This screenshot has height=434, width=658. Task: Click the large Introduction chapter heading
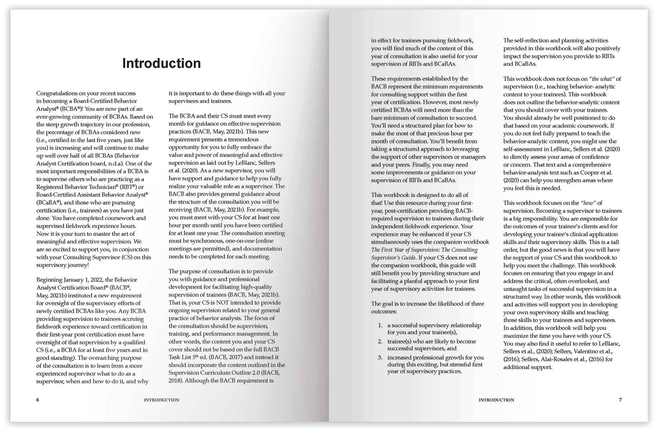click(162, 63)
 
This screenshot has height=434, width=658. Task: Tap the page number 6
click(38, 400)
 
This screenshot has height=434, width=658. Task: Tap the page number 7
click(620, 400)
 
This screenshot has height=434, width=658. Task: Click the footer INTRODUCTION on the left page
click(162, 400)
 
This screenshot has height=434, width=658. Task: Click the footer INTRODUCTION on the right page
click(496, 400)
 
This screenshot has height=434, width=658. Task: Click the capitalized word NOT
click(222, 302)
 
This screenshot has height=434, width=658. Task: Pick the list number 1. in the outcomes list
click(380, 325)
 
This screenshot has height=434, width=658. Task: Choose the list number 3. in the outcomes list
click(380, 357)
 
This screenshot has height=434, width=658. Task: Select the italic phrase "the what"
click(602, 79)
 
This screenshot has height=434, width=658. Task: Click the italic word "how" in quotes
click(588, 203)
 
